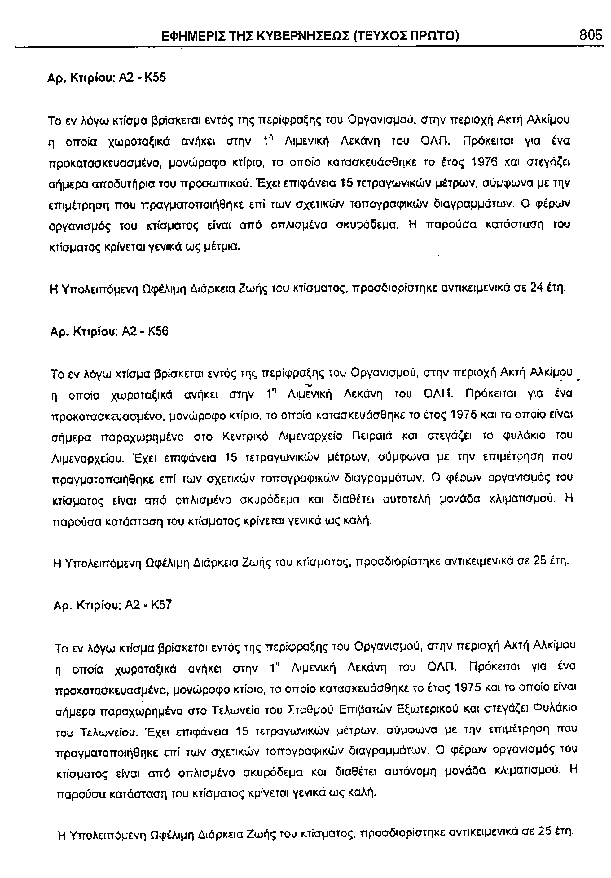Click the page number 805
(x=590, y=35)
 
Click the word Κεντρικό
(x=243, y=436)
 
